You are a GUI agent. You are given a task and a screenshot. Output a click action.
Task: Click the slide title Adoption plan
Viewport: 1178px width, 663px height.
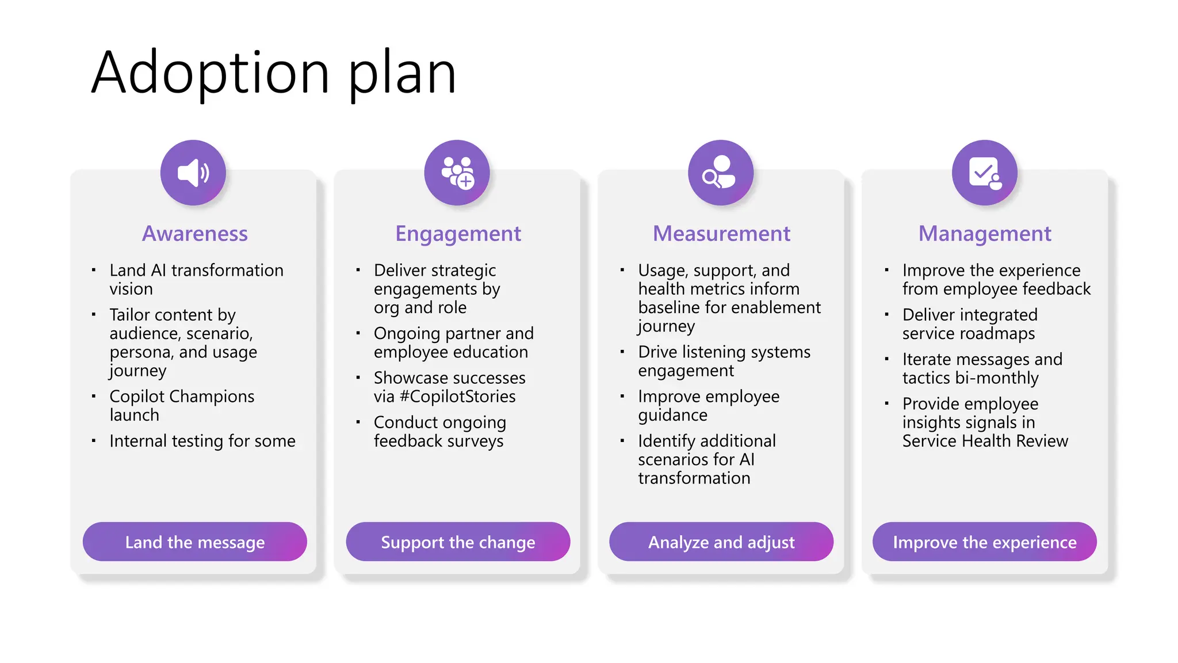(274, 73)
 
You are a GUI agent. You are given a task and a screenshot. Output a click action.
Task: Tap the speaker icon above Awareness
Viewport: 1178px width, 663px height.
(193, 173)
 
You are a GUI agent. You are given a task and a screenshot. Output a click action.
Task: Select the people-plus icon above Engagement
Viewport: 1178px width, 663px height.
(457, 173)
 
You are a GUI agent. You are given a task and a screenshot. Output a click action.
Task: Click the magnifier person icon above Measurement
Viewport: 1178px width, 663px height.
(721, 173)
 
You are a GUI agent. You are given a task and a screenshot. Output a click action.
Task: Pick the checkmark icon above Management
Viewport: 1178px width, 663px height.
(985, 173)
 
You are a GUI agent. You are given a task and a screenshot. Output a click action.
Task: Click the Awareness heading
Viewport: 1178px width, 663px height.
(195, 234)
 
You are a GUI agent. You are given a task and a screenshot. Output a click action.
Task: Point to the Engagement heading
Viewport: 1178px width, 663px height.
(458, 234)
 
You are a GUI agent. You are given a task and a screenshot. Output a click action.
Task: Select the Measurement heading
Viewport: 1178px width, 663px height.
(721, 234)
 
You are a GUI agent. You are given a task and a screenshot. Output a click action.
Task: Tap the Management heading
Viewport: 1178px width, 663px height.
(985, 234)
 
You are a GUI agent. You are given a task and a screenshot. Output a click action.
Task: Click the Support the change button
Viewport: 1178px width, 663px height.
(458, 542)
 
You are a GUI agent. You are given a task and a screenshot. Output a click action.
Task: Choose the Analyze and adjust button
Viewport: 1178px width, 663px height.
(721, 542)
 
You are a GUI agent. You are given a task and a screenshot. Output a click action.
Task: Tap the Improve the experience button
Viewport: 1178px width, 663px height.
(985, 542)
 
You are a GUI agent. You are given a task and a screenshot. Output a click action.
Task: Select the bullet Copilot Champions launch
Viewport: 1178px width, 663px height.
(182, 406)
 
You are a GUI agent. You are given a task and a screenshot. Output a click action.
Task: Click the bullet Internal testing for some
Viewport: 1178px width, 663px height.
(202, 441)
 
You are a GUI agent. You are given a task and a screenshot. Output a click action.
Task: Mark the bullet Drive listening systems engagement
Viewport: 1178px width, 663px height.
(724, 361)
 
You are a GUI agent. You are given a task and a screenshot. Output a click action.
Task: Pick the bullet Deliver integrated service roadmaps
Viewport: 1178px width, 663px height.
(970, 324)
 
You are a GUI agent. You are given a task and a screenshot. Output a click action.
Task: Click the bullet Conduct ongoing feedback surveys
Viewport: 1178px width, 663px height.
(439, 432)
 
